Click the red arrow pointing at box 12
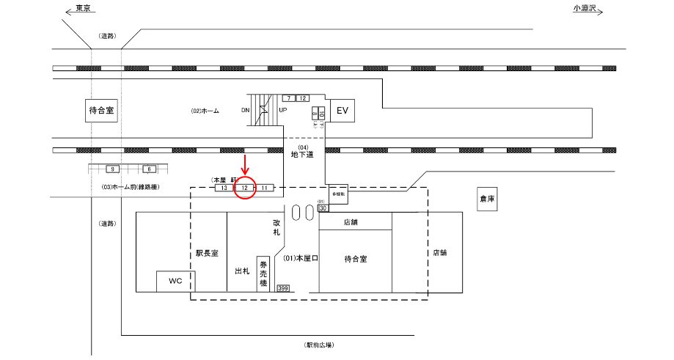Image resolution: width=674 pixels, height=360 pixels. pos(244,162)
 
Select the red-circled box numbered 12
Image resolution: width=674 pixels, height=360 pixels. pos(245,188)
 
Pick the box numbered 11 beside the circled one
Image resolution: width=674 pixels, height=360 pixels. pos(265,188)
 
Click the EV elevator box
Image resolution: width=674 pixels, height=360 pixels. pos(341,111)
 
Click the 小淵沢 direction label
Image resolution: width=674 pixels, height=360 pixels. pos(586,8)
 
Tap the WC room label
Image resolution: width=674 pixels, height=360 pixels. pos(175,281)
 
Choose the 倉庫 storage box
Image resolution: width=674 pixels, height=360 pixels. pos(488,199)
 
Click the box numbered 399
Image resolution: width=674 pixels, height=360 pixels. pos(283,288)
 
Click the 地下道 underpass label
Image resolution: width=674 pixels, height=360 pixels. pos(302,155)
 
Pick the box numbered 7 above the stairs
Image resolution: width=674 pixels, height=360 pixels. pos(289,98)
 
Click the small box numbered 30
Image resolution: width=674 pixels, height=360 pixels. pos(323,208)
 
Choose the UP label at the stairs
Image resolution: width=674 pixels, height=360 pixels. pos(282,111)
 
